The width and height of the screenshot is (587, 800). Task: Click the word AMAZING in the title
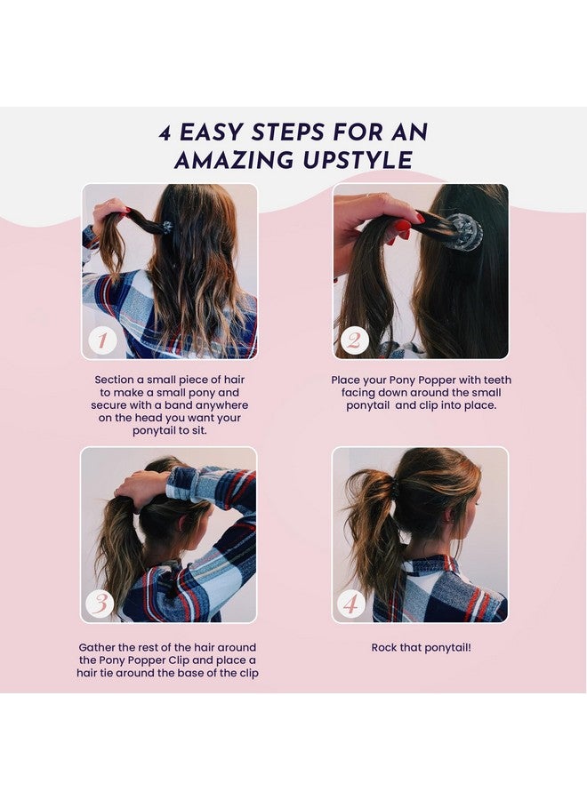pyautogui.click(x=234, y=160)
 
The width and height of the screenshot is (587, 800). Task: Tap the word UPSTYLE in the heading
pyautogui.click(x=358, y=160)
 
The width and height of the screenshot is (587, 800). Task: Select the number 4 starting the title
pyautogui.click(x=165, y=133)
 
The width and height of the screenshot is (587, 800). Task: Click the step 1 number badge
pyautogui.click(x=102, y=340)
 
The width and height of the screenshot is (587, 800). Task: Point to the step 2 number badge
pyautogui.click(x=354, y=340)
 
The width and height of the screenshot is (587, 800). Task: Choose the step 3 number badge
pyautogui.click(x=100, y=604)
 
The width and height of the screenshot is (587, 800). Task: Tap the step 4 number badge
pyautogui.click(x=350, y=604)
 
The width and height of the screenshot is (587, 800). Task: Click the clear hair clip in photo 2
pyautogui.click(x=462, y=232)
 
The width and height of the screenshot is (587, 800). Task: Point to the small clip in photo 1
pyautogui.click(x=167, y=226)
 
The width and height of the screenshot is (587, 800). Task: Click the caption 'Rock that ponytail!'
pyautogui.click(x=421, y=647)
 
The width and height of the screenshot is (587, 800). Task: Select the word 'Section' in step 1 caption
pyautogui.click(x=112, y=380)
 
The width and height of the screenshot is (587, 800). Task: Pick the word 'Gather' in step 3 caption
pyautogui.click(x=96, y=647)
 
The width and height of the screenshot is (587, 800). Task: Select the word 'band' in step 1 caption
pyautogui.click(x=177, y=405)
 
